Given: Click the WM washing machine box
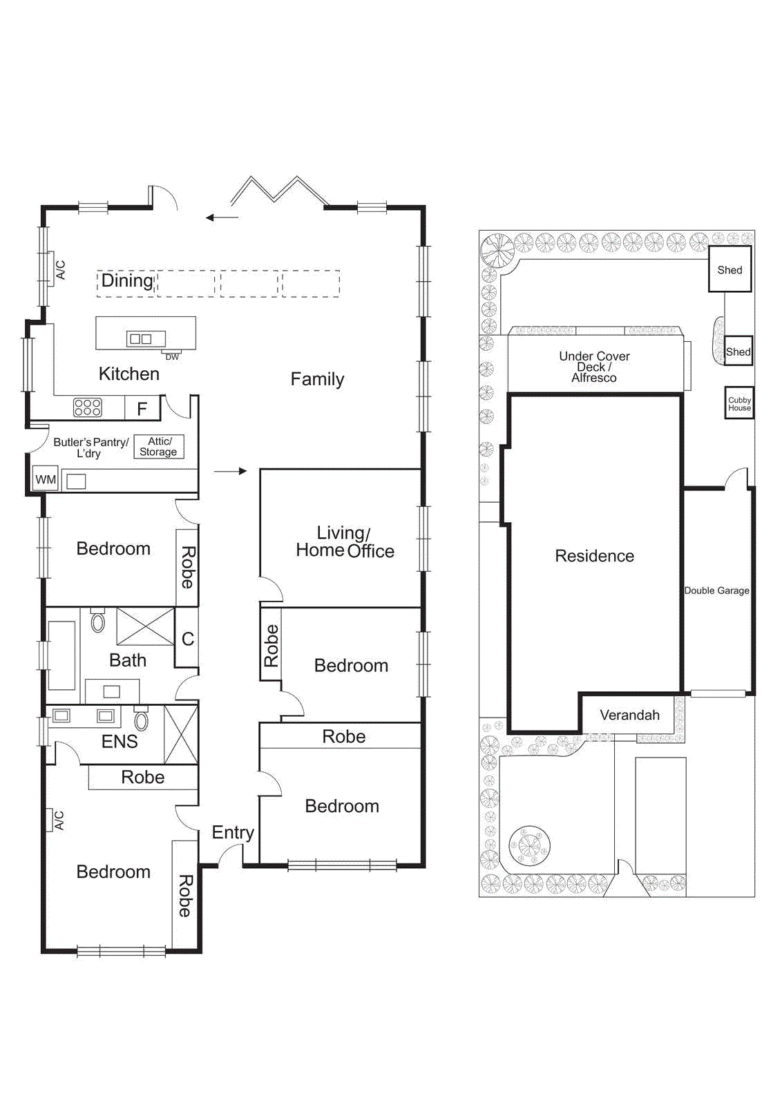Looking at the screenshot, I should [x=46, y=479].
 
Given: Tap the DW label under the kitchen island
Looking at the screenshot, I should [x=172, y=357].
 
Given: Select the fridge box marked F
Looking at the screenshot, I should [x=142, y=409].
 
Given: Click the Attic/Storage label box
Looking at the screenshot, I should [x=158, y=446].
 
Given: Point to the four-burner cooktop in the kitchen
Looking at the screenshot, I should [x=88, y=407].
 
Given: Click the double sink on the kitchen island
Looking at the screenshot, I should [x=141, y=338].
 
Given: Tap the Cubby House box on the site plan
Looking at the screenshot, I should [x=738, y=404].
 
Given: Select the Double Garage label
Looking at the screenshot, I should [x=716, y=590].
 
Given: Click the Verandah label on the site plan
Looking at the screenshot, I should [x=629, y=715].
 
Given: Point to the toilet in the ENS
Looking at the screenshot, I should [x=141, y=720].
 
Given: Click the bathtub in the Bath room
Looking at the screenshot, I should [x=61, y=655].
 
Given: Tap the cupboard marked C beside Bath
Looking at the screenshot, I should [x=187, y=639].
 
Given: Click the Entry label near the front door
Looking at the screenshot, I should [x=233, y=832].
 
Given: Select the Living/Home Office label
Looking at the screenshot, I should [x=345, y=542].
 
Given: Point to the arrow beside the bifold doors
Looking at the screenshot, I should [x=222, y=218].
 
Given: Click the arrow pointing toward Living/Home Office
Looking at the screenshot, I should [x=230, y=471].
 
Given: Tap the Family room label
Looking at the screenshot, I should [x=317, y=379].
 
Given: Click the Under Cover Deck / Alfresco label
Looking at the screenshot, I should [x=594, y=367].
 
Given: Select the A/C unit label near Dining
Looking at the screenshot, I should [x=60, y=269].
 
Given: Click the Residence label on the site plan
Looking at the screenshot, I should [x=594, y=556].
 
